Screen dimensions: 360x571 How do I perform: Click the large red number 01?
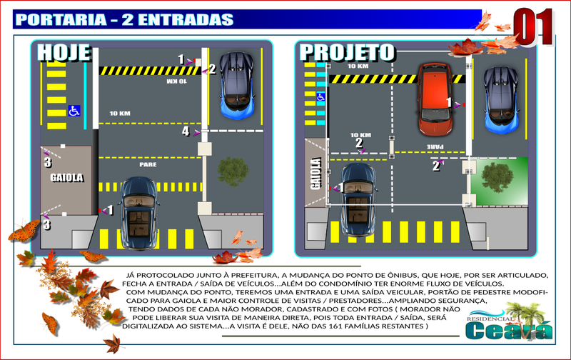click(534, 27)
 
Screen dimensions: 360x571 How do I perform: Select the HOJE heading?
click(64, 53)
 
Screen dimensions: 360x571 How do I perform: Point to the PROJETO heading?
click(347, 52)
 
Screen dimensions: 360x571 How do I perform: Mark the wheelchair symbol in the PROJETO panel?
click(320, 96)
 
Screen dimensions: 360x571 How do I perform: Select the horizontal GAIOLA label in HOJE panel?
click(67, 177)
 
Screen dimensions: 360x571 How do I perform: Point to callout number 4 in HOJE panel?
click(185, 131)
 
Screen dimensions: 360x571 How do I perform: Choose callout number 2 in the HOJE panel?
click(212, 69)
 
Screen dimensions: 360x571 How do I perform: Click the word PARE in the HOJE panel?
click(148, 164)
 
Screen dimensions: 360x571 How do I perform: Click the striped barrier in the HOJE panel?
click(150, 71)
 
